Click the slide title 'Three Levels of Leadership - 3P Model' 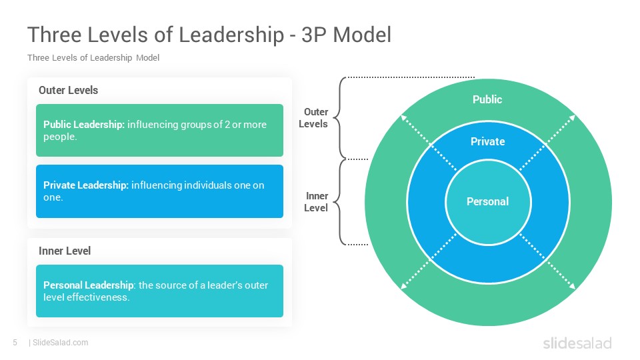coord(209,35)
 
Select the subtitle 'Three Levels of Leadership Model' coord(93,58)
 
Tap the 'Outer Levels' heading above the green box coord(68,90)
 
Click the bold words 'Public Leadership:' coord(84,125)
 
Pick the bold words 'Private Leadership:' coord(86,185)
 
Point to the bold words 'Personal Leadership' coord(88,285)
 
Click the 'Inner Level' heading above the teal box coord(65,251)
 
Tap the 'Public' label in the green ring coord(487,99)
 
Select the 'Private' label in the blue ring coord(488,141)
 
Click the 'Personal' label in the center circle coord(488,201)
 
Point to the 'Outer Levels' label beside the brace coord(313,118)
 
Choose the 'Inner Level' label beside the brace coord(316,202)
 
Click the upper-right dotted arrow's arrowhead coord(573,117)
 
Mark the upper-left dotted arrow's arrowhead coord(404,117)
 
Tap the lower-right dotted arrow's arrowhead coord(573,287)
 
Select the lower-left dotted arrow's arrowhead coord(404,287)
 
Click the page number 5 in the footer coord(15,343)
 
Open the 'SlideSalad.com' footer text coord(61,343)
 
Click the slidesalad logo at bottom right coord(577,343)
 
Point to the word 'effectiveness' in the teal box coord(98,297)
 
